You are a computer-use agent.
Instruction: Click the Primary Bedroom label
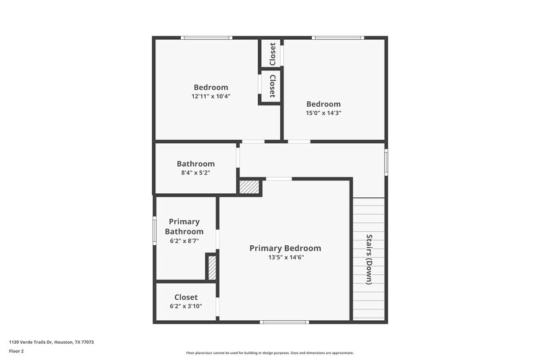[285, 248]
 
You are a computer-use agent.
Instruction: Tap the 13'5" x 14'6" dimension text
[286, 257]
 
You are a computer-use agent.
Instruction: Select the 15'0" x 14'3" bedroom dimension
[323, 113]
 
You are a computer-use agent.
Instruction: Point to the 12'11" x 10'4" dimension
[211, 97]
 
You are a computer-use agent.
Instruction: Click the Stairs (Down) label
[369, 259]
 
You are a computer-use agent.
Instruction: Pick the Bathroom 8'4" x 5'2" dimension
[196, 173]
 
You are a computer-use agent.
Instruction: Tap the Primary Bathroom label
[184, 226]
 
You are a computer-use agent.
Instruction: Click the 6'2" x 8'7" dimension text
[184, 241]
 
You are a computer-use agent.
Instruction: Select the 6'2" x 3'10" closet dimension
[186, 307]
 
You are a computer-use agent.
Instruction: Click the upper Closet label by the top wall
[272, 54]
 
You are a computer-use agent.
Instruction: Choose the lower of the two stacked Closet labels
[272, 86]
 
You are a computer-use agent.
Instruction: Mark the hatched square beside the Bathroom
[250, 187]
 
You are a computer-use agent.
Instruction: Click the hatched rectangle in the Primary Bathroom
[211, 267]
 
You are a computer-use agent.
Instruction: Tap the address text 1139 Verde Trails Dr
[51, 342]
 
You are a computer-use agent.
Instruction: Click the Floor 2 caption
[16, 351]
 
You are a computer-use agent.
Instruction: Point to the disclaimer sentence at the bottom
[269, 353]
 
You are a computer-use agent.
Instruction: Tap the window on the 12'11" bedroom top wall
[207, 38]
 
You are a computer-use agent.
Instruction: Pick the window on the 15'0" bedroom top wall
[337, 38]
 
